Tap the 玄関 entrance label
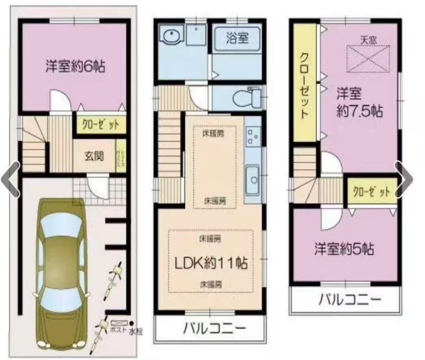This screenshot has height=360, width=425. coord(93,156)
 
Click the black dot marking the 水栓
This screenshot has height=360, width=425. coord(131,323)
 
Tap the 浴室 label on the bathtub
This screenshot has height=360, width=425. coord(237,37)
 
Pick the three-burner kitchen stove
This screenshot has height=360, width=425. coord(252,138)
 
